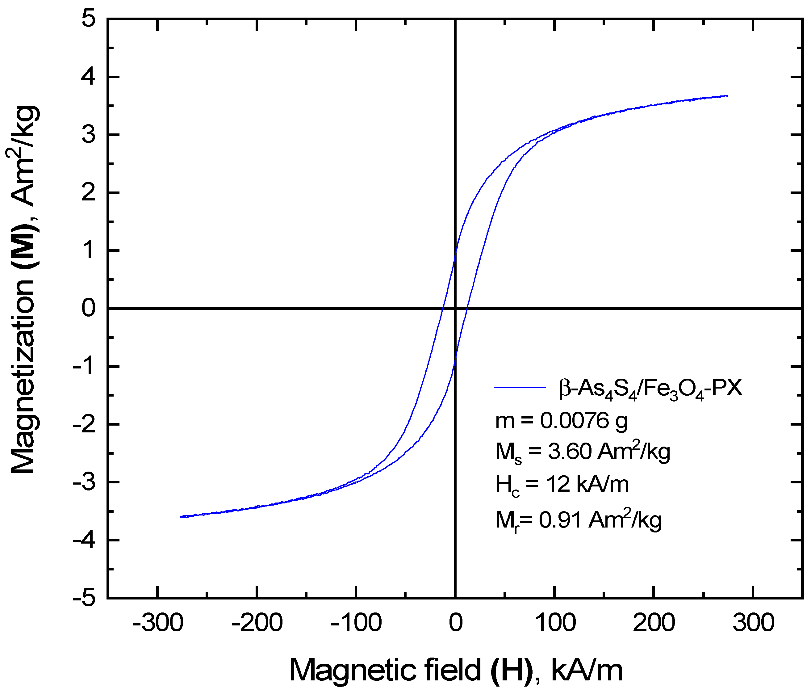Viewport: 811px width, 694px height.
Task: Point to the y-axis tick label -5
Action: (84, 599)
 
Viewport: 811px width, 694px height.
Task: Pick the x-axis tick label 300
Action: (754, 623)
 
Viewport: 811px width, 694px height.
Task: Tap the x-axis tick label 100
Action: (555, 623)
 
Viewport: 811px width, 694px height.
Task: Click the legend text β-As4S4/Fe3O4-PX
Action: (650, 389)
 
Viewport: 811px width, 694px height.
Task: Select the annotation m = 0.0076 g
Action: (561, 421)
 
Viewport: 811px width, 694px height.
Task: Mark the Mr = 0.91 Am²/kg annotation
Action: (578, 521)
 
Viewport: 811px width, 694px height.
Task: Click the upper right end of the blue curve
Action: (727, 95)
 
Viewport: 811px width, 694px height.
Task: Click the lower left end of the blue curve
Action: (181, 517)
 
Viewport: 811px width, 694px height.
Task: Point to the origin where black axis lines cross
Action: (455, 309)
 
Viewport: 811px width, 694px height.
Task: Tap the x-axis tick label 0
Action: (455, 623)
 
